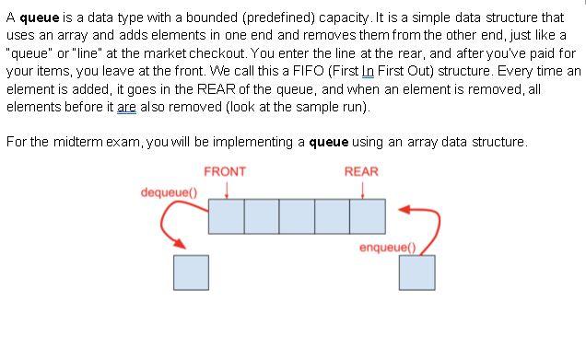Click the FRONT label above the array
225,172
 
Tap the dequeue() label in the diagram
169,192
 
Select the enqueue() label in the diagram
388,247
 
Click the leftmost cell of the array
226,215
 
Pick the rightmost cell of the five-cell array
367,215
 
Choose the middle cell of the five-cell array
297,215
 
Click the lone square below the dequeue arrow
191,272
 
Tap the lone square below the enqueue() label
416,272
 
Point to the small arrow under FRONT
227,188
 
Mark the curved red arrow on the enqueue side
426,226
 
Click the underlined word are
127,107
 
